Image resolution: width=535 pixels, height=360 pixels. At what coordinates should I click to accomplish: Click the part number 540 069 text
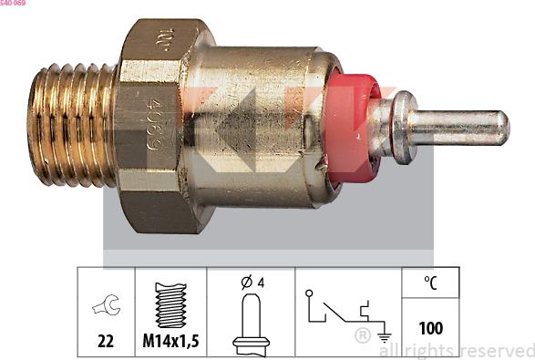(x=13, y=4)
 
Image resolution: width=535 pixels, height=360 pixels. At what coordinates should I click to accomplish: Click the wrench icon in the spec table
(x=106, y=308)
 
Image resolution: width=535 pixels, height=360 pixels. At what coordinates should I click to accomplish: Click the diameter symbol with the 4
(x=252, y=283)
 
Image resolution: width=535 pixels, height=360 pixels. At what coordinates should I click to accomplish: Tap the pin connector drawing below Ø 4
(x=252, y=324)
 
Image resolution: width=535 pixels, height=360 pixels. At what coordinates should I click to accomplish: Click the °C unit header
(x=430, y=283)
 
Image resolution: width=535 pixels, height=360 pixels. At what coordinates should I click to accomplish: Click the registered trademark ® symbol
(x=363, y=335)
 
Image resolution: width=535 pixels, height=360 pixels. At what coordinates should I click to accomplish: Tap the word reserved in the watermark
(x=496, y=350)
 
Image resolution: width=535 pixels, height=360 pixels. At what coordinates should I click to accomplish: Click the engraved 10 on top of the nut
(x=163, y=39)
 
